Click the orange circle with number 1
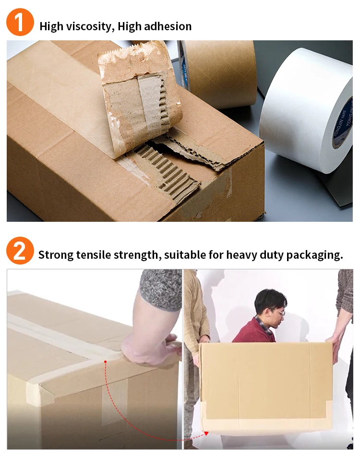20,22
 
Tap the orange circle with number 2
20,251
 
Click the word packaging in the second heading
314,254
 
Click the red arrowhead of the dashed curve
206,433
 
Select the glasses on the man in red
278,313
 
